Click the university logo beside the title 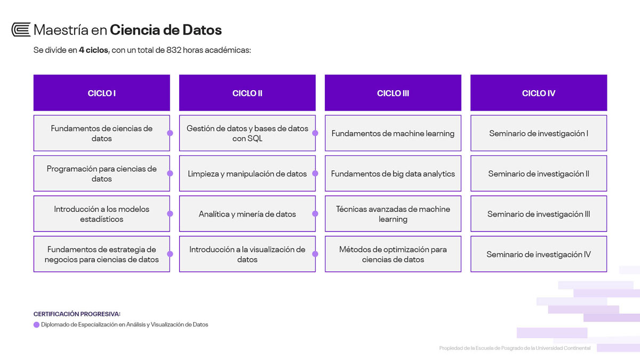[21, 29]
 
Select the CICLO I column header [102, 93]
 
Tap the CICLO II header [247, 93]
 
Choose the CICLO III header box [393, 93]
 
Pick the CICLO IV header [539, 93]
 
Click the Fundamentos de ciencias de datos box [102, 133]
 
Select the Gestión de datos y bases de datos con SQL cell [247, 133]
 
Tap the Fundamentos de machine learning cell [393, 133]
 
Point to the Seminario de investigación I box [539, 133]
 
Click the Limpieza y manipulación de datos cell [247, 173]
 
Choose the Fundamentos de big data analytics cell [393, 173]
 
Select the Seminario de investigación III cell [539, 214]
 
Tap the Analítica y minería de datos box [247, 214]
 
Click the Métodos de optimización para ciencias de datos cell [393, 254]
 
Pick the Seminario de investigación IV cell [539, 254]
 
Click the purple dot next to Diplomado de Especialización [36, 325]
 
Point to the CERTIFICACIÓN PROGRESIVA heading [77, 314]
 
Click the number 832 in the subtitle [174, 50]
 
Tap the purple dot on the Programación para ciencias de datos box [170, 173]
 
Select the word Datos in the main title [202, 30]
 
